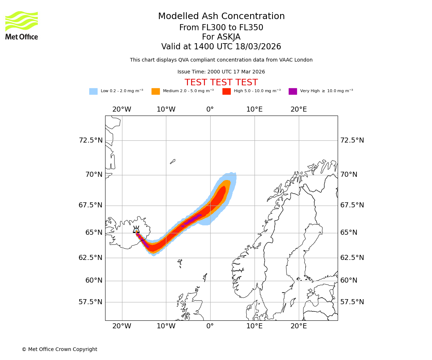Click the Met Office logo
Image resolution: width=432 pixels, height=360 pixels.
pos(22,25)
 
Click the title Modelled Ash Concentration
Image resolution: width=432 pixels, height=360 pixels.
pos(221,17)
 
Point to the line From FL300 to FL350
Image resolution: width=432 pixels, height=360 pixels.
pos(221,28)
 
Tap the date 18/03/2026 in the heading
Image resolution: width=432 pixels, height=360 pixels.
pos(258,47)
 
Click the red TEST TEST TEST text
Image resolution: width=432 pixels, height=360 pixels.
pos(221,82)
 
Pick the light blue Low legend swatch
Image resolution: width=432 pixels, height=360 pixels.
pos(93,91)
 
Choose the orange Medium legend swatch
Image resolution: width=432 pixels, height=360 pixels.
pos(156,91)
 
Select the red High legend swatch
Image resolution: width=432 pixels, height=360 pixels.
pos(226,91)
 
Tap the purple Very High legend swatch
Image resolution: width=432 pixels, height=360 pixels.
pos(293,91)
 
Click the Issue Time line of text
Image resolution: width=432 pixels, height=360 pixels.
pos(221,72)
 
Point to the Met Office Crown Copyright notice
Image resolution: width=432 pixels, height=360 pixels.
pos(59,349)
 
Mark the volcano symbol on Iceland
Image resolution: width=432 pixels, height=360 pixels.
pos(136,230)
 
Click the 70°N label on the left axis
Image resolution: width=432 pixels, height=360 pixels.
pos(94,175)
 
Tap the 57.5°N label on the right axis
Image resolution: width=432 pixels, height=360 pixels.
pos(352,302)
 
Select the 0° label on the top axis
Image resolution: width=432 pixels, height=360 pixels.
pos(210,109)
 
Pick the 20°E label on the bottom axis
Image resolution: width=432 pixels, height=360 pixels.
pos(299,326)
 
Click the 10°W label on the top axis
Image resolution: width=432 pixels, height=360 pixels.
pos(166,109)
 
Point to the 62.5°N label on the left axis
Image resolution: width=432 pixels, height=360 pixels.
pos(90,257)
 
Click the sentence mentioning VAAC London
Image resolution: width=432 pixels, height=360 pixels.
pos(221,60)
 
